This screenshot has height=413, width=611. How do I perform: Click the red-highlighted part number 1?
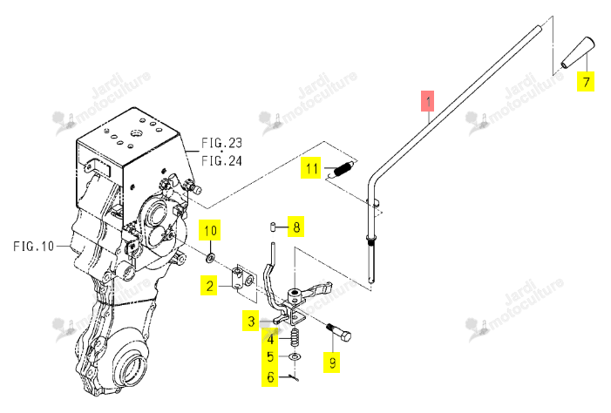click(x=427, y=100)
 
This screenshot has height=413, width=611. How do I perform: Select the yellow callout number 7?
click(x=586, y=81)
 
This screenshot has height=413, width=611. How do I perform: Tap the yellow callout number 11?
click(x=311, y=168)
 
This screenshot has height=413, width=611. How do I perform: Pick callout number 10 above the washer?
click(x=210, y=230)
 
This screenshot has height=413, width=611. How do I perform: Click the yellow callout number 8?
click(x=296, y=227)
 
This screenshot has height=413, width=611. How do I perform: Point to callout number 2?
click(x=209, y=286)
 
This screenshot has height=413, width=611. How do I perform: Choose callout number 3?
click(x=251, y=321)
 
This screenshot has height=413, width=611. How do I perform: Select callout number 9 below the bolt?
click(x=332, y=362)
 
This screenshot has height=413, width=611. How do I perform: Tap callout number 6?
click(x=270, y=376)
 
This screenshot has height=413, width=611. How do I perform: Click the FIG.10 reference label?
click(x=33, y=247)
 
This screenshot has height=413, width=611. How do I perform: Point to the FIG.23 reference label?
click(x=221, y=143)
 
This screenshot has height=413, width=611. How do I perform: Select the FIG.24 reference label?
click(x=221, y=160)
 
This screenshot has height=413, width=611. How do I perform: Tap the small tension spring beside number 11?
click(x=343, y=169)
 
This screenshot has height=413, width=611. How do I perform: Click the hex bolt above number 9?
click(x=339, y=332)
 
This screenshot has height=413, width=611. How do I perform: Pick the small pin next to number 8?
click(x=273, y=227)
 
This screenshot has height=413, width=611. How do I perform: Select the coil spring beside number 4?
click(x=295, y=337)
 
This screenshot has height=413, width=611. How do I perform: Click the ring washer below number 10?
click(x=211, y=258)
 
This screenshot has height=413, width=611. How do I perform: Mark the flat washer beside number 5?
click(x=295, y=356)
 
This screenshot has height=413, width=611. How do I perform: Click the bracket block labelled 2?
click(x=243, y=280)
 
